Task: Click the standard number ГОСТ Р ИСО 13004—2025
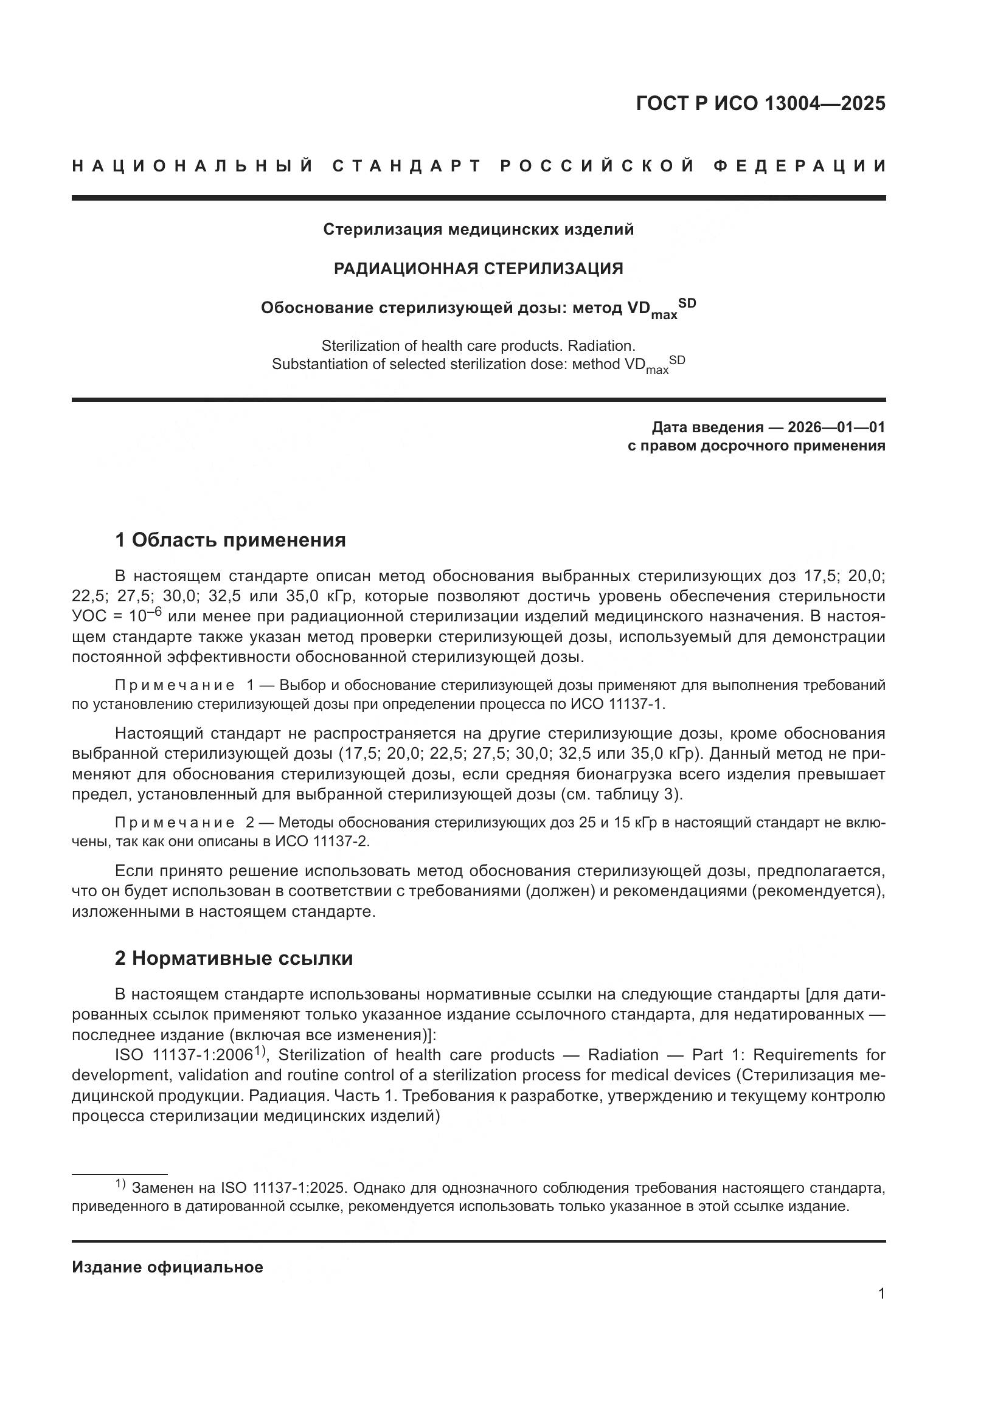click(760, 103)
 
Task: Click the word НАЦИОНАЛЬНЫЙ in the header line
click(193, 166)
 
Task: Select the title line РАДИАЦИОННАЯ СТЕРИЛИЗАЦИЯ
click(478, 268)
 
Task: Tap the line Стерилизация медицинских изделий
click(478, 230)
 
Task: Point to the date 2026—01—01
click(836, 427)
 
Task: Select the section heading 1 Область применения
click(230, 540)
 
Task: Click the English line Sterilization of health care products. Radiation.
click(478, 345)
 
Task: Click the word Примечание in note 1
click(175, 686)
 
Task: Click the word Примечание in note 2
click(175, 823)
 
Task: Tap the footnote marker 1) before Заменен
click(120, 1185)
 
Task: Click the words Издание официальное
click(167, 1267)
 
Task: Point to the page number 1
click(881, 1294)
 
